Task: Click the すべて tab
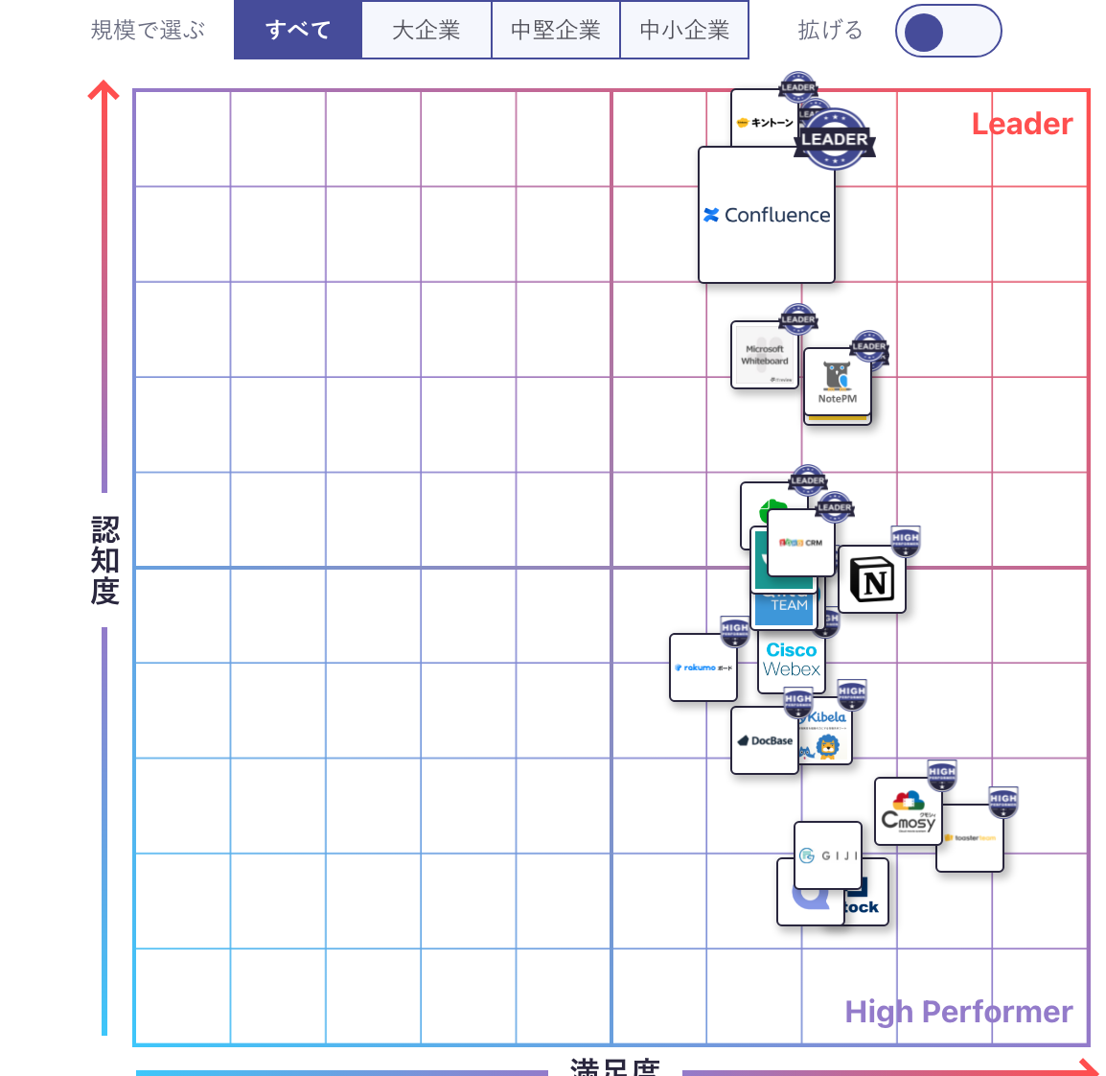298,31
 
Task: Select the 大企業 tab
426,31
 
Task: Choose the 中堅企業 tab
556,31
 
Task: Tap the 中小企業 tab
684,31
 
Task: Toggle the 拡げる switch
948,31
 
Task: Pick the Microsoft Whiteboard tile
764,356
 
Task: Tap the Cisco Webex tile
792,662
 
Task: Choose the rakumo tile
703,667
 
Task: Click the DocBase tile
764,741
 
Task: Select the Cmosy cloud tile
908,812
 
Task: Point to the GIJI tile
829,854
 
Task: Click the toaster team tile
970,839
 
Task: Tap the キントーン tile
764,122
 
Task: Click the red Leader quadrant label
1022,125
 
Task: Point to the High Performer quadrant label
958,1012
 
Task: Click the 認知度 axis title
104,560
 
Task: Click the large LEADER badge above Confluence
835,139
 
